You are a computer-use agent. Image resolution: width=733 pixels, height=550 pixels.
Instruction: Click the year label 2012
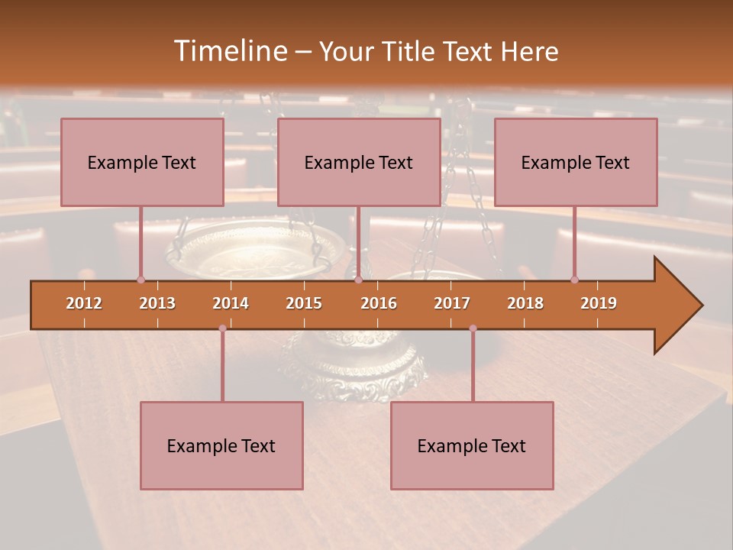(84, 303)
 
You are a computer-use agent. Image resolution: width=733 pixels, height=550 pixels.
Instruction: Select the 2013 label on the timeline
(157, 303)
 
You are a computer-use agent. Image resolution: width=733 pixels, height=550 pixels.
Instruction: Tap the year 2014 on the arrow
(231, 303)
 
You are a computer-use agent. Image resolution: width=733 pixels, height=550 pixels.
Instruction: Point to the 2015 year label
(304, 303)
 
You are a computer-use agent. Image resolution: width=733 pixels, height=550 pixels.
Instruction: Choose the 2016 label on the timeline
(379, 303)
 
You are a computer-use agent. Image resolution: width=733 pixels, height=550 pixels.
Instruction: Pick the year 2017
(452, 303)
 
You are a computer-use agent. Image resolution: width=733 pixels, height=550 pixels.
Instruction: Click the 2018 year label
(525, 303)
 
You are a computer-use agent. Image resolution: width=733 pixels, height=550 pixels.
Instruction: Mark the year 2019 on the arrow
(599, 303)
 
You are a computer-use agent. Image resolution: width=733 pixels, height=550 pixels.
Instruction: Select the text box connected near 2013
(142, 162)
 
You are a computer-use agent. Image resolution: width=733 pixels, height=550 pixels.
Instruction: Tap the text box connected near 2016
(359, 162)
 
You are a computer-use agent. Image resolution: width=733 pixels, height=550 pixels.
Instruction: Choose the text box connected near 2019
(576, 162)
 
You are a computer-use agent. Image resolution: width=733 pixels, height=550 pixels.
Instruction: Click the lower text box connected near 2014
(221, 445)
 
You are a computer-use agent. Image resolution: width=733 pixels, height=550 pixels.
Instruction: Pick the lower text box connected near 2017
(472, 445)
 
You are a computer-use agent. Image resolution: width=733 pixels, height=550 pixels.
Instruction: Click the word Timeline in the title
(230, 51)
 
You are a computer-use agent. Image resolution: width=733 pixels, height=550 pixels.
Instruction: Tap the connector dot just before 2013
(140, 280)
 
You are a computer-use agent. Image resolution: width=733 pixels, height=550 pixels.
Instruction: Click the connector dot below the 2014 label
(222, 328)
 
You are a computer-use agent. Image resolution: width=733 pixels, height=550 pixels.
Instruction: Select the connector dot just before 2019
(574, 280)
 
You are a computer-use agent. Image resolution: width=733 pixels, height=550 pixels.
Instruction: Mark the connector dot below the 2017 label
(473, 328)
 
